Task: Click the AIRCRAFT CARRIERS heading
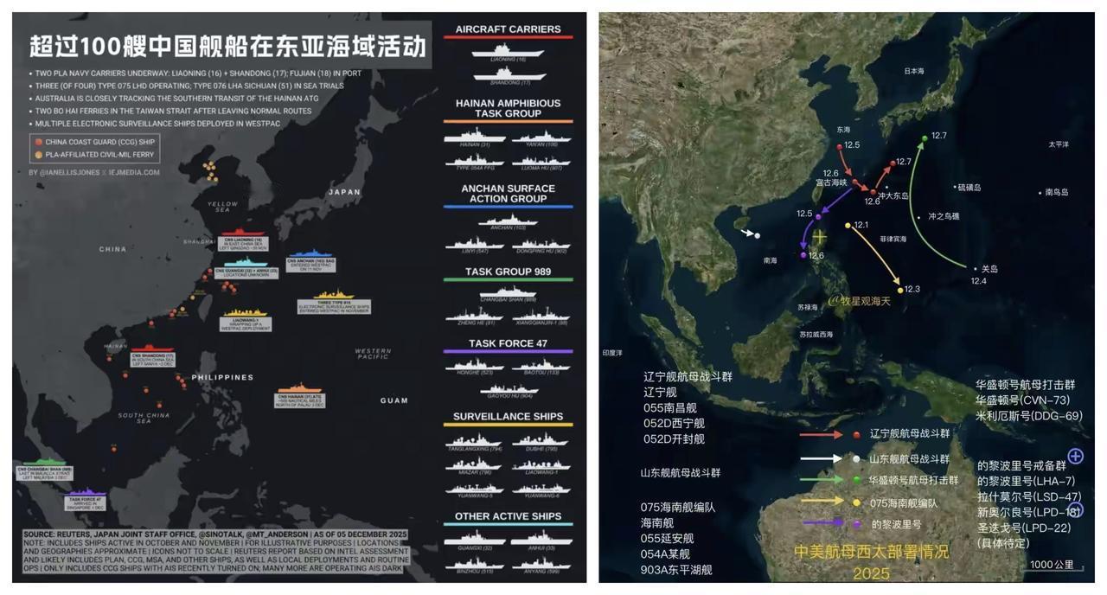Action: (508, 29)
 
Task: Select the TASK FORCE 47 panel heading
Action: (508, 343)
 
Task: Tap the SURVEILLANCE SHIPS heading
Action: (508, 417)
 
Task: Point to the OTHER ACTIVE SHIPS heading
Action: (508, 516)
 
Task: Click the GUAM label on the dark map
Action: (394, 400)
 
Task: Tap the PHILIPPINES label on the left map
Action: (223, 377)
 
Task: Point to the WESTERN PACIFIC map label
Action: (374, 354)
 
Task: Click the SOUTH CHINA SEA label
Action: (144, 418)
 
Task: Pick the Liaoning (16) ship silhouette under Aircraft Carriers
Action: (508, 51)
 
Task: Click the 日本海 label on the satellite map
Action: (914, 72)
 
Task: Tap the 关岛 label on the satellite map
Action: (989, 269)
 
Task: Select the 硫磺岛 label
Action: (969, 187)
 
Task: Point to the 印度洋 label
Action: (613, 353)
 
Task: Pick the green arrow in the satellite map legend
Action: (821, 479)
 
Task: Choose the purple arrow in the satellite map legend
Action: (821, 522)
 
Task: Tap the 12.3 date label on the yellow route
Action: (912, 289)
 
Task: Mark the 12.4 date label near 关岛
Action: (978, 281)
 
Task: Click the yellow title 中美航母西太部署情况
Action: (871, 552)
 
